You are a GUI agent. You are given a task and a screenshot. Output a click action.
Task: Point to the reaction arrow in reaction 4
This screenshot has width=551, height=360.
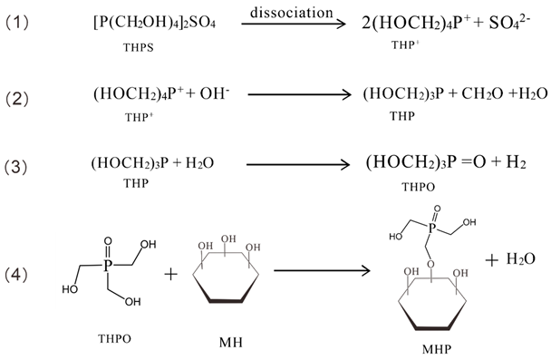[320, 270]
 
